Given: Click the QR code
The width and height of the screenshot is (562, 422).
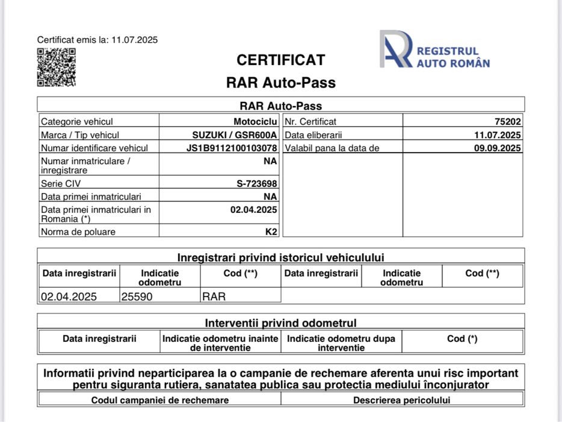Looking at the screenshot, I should click(x=57, y=68).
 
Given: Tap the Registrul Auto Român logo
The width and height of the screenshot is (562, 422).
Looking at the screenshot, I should click(x=434, y=49).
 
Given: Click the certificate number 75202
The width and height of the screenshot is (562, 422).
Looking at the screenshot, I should click(x=508, y=121).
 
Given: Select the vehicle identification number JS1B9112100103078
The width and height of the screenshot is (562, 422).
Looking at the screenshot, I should click(x=232, y=148).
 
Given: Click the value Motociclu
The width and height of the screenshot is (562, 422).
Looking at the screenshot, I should click(x=255, y=121).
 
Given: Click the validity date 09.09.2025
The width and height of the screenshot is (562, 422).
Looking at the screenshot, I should click(x=497, y=148).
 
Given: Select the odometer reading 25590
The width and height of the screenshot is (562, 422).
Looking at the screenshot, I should click(x=138, y=297).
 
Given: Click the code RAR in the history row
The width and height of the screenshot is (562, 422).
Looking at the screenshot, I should click(x=214, y=297).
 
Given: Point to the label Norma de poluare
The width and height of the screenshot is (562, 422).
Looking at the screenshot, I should click(x=78, y=231).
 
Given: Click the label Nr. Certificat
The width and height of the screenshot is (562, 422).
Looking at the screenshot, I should click(x=310, y=121).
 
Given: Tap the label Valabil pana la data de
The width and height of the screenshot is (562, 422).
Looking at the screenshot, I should click(x=332, y=148).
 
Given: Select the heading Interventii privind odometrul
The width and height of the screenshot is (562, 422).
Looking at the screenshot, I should click(x=280, y=323).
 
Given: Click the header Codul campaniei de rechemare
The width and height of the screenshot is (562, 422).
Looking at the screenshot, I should click(x=160, y=400).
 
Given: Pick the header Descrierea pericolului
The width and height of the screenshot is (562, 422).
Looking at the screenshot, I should click(x=401, y=400).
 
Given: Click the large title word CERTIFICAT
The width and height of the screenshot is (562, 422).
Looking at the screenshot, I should click(x=280, y=60).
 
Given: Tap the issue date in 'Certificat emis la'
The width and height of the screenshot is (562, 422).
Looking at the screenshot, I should click(x=134, y=40).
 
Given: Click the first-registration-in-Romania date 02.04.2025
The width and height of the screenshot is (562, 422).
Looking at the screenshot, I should click(x=253, y=210).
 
